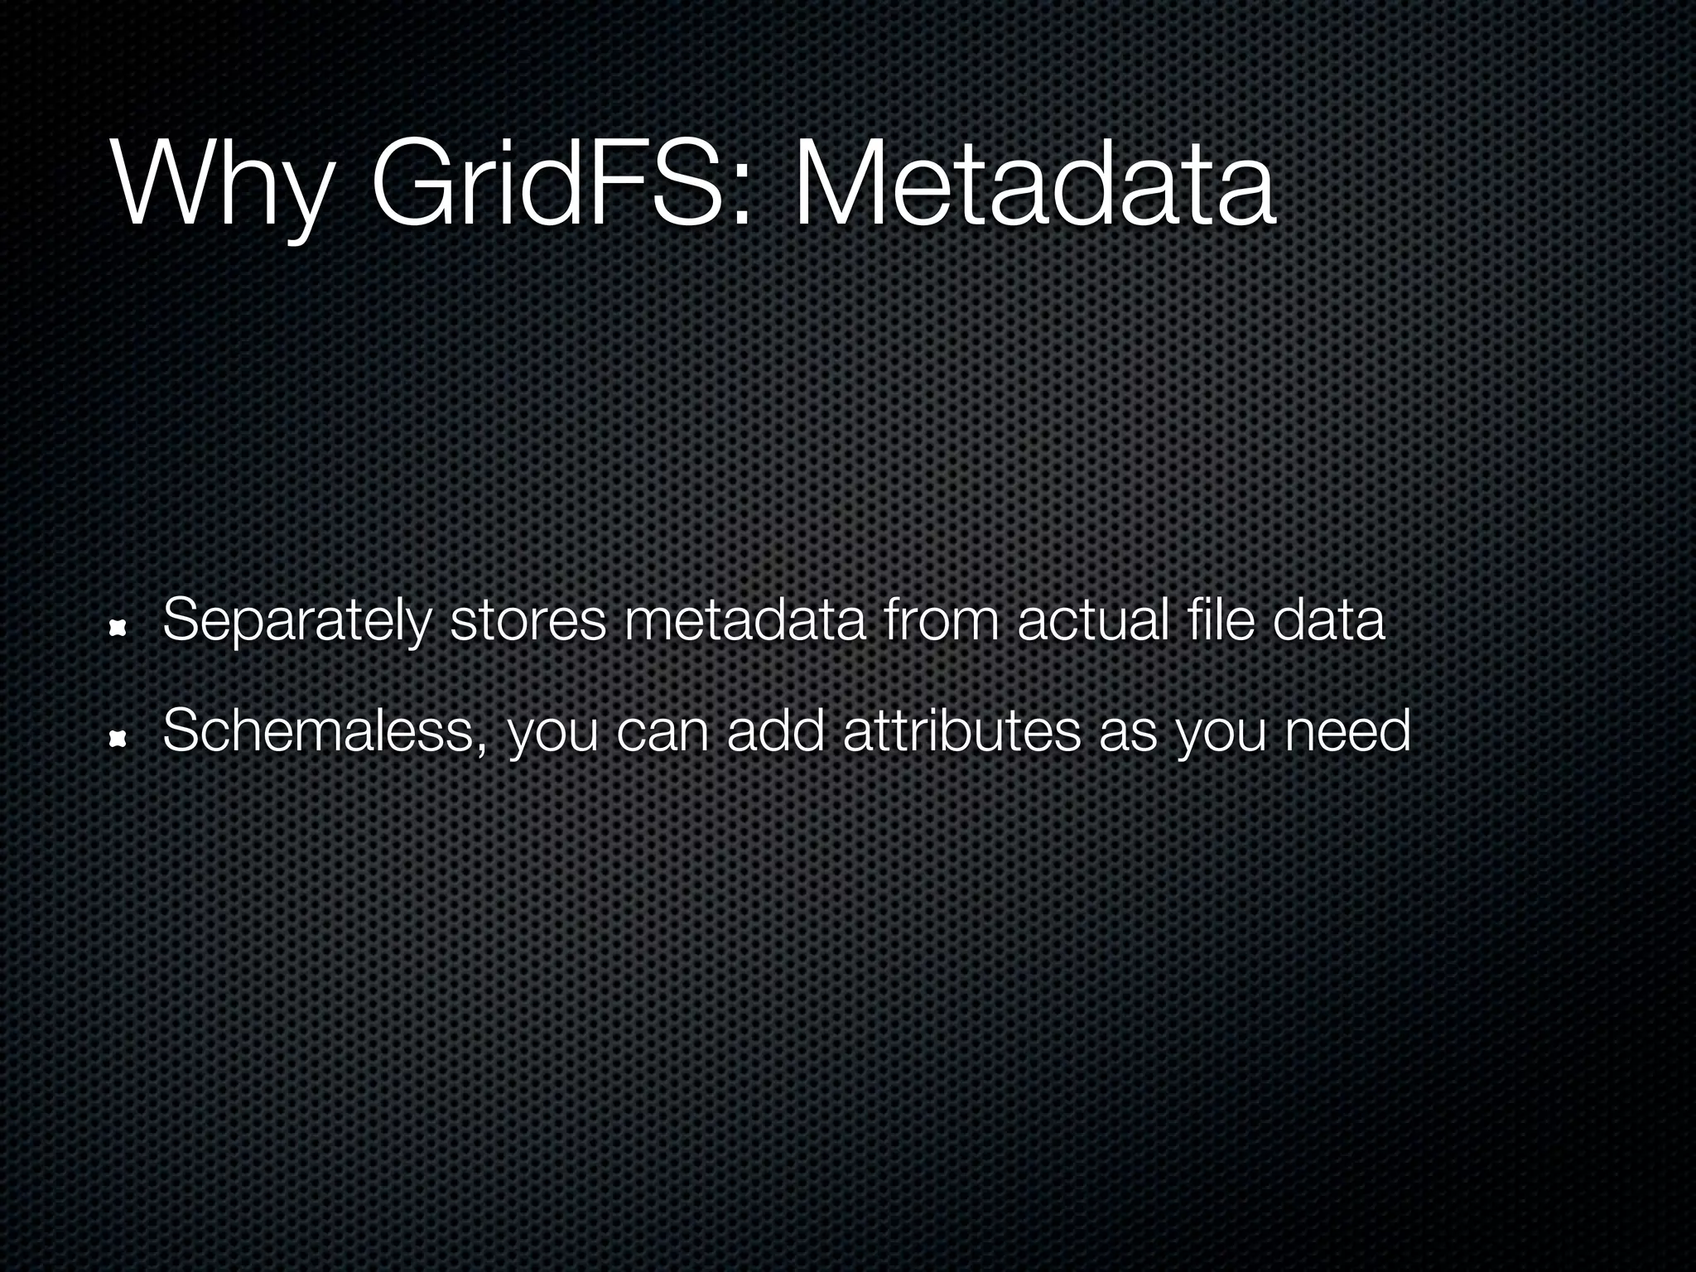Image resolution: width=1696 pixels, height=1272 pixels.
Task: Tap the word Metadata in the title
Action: pos(1034,182)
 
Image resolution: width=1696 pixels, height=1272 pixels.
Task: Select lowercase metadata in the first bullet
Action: pos(745,621)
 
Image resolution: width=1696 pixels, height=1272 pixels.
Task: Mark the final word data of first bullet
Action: pos(1328,621)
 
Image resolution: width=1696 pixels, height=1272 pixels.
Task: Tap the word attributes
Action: pos(961,732)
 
